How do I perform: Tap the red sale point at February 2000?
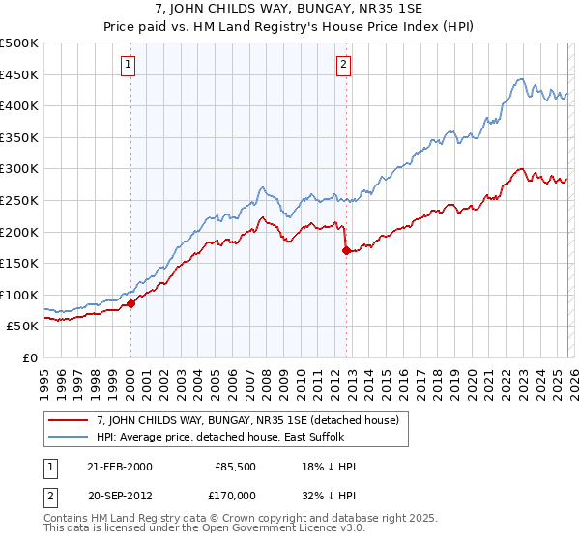[131, 303]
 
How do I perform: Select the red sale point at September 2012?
[346, 250]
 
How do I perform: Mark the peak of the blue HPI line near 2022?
[520, 79]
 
